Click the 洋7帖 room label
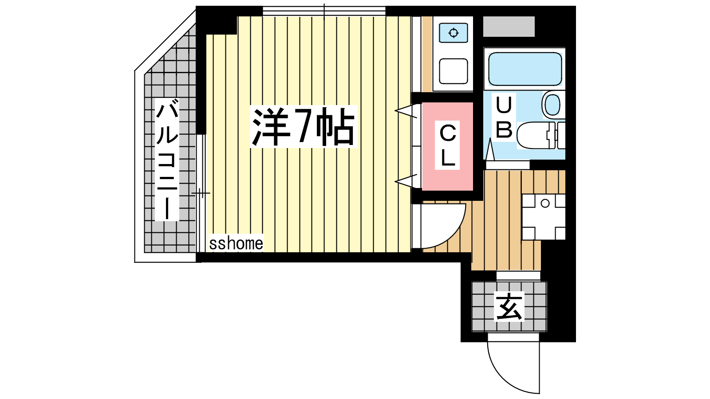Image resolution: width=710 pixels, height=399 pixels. [304, 126]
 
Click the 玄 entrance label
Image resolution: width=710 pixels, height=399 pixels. [509, 306]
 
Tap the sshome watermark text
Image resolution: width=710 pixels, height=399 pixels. [236, 243]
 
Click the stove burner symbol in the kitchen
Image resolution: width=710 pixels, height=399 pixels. [454, 33]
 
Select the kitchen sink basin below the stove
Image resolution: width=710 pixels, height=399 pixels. [454, 71]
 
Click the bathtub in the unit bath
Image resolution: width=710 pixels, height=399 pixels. [525, 69]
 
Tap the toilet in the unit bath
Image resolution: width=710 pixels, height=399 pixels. [541, 136]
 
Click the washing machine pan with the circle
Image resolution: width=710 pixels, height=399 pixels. [544, 217]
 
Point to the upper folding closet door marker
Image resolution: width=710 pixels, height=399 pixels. [406, 111]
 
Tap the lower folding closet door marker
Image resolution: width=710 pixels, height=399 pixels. [406, 181]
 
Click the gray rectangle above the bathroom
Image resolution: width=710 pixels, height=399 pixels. [509, 26]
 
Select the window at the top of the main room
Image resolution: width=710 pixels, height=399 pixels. [324, 12]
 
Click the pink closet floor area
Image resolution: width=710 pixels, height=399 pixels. [447, 146]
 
